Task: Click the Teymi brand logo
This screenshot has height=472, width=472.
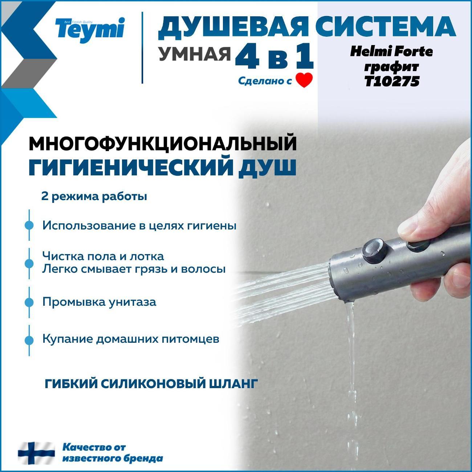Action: click(90, 30)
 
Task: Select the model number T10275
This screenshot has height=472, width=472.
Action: click(392, 81)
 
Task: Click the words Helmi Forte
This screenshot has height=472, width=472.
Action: click(391, 52)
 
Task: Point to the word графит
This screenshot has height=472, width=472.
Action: click(391, 67)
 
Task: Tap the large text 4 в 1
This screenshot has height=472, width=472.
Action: click(274, 57)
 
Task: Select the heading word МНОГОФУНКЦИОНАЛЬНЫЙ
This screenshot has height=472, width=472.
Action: click(163, 144)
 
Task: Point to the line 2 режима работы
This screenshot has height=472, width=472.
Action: click(94, 197)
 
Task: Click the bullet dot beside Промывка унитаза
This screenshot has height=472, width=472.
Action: click(29, 302)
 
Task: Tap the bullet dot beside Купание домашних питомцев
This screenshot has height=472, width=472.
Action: click(29, 340)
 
